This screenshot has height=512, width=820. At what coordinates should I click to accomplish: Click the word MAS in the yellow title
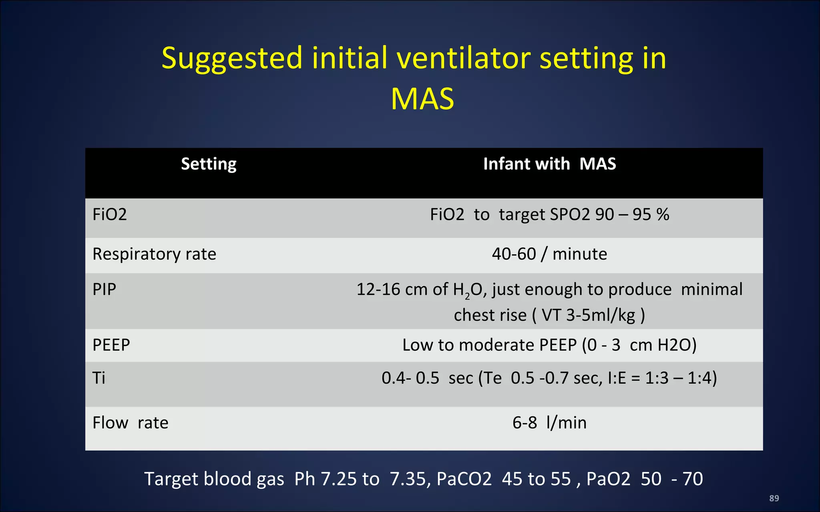click(x=422, y=99)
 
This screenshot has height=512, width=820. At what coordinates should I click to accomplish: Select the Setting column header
click(x=209, y=164)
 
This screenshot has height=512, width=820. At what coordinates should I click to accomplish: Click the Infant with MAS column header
click(x=549, y=164)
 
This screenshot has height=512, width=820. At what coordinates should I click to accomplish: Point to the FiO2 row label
click(x=110, y=215)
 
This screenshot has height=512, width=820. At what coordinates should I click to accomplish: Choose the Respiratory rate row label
click(x=154, y=254)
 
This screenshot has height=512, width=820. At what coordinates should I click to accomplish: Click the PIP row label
click(x=104, y=289)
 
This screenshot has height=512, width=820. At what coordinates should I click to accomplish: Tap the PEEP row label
click(x=111, y=345)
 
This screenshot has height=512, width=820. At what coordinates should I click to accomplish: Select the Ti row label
click(x=99, y=378)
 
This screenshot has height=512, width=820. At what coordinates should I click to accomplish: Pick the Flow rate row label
click(x=130, y=423)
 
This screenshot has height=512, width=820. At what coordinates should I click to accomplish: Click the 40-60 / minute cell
click(x=549, y=254)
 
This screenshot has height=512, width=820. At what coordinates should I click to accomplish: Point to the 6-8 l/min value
click(x=549, y=423)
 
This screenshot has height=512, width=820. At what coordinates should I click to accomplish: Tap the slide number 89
click(x=774, y=498)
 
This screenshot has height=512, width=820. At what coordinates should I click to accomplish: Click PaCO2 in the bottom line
click(x=464, y=479)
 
